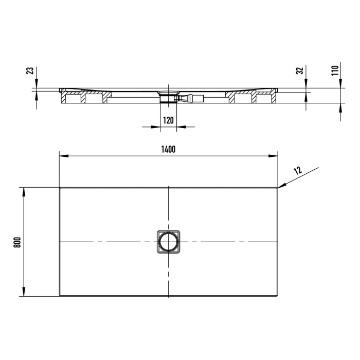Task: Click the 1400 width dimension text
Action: (168, 150)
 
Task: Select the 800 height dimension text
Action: (16, 242)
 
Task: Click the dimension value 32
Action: (299, 71)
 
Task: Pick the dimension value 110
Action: (334, 70)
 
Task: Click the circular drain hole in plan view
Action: (168, 241)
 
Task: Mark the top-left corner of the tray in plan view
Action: (60, 188)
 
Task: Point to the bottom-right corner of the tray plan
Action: (277, 296)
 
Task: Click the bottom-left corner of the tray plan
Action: (60, 296)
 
